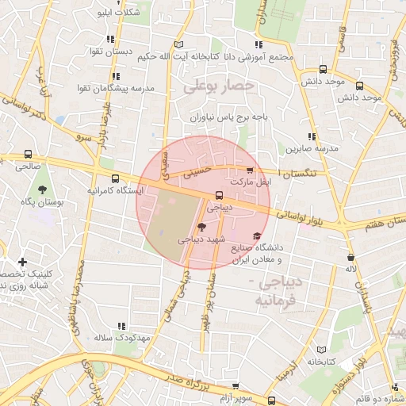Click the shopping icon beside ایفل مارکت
[251, 170]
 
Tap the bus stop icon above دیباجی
[219, 195]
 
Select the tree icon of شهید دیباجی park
[200, 226]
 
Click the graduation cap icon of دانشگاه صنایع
[257, 236]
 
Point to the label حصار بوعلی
[218, 85]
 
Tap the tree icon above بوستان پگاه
[40, 189]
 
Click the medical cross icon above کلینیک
[22, 261]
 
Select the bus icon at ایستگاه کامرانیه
[116, 178]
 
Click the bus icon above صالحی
[29, 155]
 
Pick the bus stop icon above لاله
[350, 257]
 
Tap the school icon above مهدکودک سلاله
[121, 326]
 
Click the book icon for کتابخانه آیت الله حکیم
[179, 44]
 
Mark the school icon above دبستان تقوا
[111, 38]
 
